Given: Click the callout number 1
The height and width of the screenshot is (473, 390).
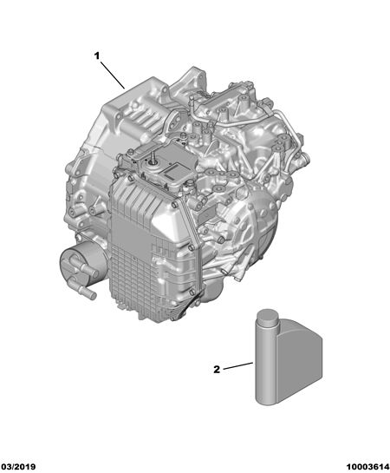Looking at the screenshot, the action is tap(97, 56).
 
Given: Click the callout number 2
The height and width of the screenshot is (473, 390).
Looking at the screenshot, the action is tap(217, 370).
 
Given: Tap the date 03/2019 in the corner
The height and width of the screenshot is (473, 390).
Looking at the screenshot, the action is tap(18, 467).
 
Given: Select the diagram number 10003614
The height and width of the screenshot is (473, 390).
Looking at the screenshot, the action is tap(367, 467).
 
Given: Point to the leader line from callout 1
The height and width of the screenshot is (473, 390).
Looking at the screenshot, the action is tap(113, 76).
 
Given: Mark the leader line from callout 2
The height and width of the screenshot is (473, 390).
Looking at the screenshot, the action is tap(237, 365).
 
